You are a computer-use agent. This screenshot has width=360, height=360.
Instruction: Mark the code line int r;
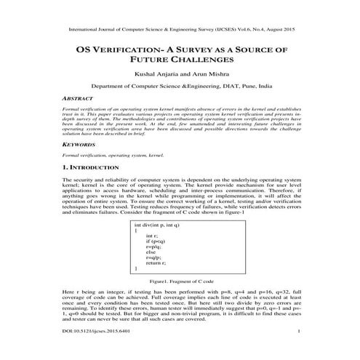click(x=151, y=236)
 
